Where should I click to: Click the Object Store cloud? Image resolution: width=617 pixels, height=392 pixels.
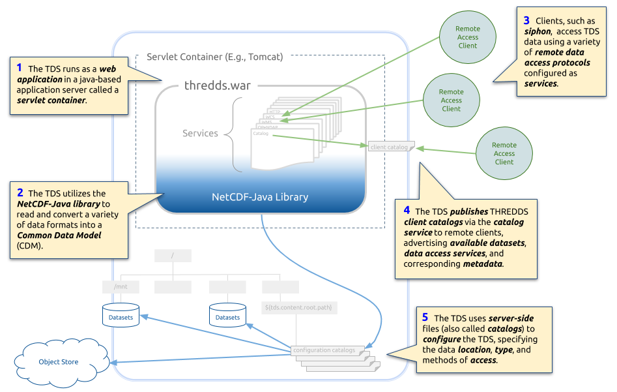tap(58, 361)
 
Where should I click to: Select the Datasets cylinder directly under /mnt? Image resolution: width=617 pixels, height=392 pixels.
tap(121, 316)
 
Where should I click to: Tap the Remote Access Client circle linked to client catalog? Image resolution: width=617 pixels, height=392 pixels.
tap(504, 153)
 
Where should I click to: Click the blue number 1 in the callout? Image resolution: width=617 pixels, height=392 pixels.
tap(20, 68)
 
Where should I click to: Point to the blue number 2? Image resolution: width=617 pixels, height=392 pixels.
tap(20, 192)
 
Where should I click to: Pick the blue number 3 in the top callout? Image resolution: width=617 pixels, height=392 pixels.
tap(526, 20)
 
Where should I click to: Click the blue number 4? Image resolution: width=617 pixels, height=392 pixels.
tap(407, 211)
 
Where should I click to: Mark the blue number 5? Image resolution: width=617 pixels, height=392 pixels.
tap(425, 318)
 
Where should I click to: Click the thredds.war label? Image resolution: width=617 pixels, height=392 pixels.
tap(217, 85)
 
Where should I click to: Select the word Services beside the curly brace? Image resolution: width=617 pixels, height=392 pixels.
tap(200, 133)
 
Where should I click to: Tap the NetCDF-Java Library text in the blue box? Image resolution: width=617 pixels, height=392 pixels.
tap(261, 197)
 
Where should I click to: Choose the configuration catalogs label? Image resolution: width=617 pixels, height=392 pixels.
tap(324, 350)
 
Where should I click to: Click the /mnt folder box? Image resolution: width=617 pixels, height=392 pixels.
tap(121, 287)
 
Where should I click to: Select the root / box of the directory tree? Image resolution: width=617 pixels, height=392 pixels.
tap(173, 256)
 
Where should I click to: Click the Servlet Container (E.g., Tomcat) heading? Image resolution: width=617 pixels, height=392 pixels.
tap(215, 57)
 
